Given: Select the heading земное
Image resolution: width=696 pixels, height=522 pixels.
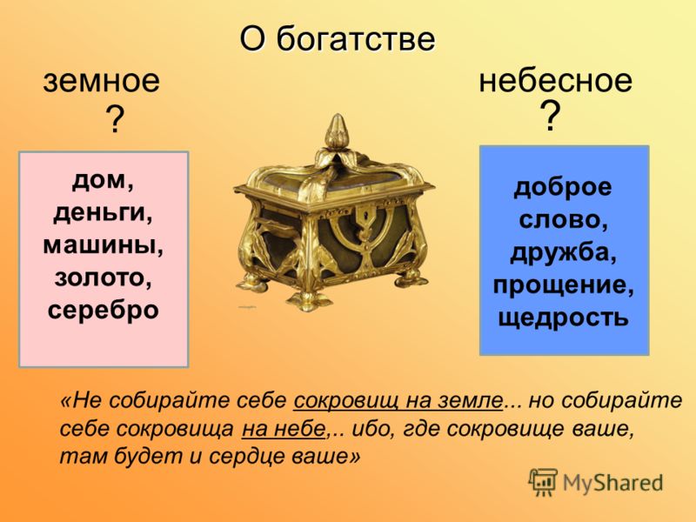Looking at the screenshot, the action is [x=101, y=82].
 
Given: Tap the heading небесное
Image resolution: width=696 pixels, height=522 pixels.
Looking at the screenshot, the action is [x=555, y=81].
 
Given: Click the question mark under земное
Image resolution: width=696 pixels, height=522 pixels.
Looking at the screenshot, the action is [x=115, y=119].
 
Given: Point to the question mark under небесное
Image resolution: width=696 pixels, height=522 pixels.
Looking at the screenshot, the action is [x=551, y=116].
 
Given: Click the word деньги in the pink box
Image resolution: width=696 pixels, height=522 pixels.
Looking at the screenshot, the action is [x=103, y=214].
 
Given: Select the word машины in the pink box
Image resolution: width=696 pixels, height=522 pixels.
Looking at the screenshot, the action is [x=103, y=246].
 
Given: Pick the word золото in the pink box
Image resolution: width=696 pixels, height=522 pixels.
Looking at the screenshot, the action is [x=104, y=278].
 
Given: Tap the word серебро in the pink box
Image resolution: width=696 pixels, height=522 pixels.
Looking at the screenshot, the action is [x=103, y=311].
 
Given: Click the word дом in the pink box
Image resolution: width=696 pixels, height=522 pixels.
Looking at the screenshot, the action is [x=103, y=181].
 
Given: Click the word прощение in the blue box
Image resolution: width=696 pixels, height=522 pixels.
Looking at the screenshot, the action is [x=563, y=286].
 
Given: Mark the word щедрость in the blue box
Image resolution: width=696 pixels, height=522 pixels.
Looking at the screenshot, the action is [x=563, y=318].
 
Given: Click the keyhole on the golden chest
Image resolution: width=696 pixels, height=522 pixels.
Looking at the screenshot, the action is [x=365, y=219].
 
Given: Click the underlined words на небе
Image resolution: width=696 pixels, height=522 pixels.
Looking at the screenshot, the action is [x=284, y=429].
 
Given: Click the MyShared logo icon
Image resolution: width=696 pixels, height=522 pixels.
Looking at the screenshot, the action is [x=542, y=482].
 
